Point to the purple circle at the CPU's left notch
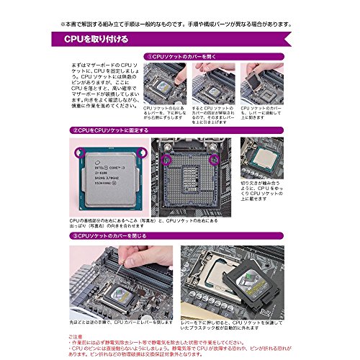[x=78, y=153]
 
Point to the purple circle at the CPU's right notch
[x=144, y=153]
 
